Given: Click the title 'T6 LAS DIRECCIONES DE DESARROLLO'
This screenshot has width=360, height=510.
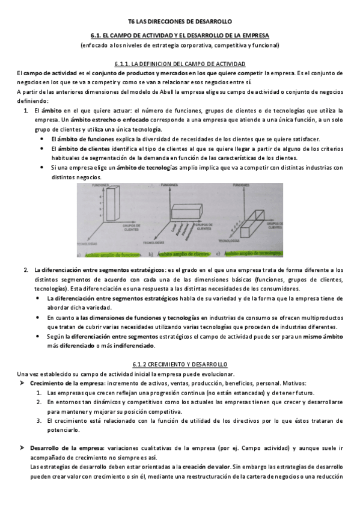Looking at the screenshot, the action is (x=180, y=20).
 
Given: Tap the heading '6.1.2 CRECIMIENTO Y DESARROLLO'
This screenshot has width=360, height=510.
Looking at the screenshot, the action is (x=180, y=364).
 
